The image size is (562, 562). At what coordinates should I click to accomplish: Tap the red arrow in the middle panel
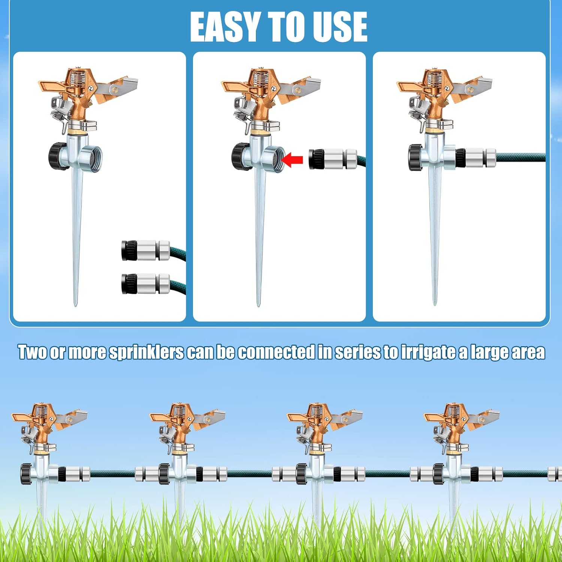click(292, 160)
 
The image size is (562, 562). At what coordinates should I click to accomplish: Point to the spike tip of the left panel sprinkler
click(75, 305)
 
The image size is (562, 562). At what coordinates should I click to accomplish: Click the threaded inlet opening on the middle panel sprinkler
click(277, 159)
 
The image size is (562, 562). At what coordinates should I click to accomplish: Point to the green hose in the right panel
click(521, 157)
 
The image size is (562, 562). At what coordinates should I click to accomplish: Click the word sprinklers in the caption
click(146, 352)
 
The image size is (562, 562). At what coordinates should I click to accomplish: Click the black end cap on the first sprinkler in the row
click(26, 474)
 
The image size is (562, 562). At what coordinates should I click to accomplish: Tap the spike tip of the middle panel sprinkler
click(258, 305)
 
